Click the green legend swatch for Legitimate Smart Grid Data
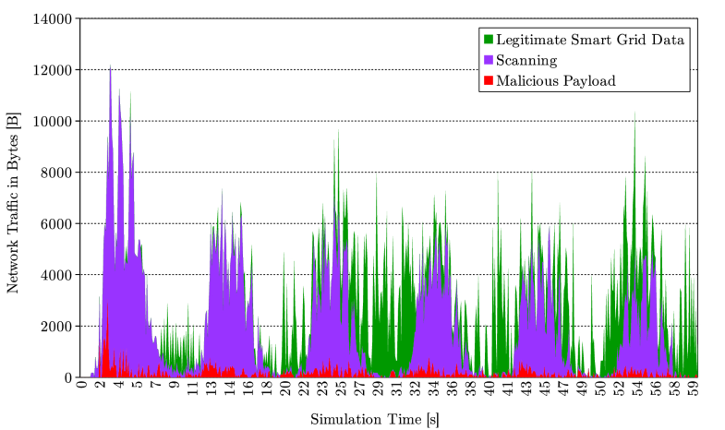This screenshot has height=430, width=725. coord(488,40)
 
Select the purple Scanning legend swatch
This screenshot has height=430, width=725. coord(488,60)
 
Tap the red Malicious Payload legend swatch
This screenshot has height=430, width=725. coord(488,80)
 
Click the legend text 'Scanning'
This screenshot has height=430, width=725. coord(526,60)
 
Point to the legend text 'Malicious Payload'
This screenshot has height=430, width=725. coord(555,80)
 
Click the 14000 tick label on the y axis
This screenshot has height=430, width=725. coord(54,18)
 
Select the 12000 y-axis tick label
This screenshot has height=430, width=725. coord(54,70)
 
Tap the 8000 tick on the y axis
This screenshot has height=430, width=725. coord(57,173)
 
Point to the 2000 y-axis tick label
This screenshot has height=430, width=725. coord(57,327)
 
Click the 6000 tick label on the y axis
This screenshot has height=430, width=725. coord(57,224)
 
